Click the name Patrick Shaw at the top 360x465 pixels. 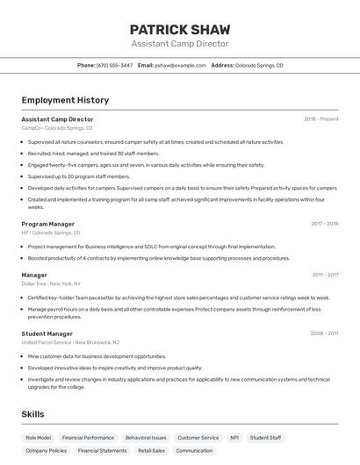(180, 29)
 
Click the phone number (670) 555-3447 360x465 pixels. (114, 65)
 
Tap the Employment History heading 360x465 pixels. (65, 100)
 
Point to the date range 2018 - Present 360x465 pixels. (321, 119)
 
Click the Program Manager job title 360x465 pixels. (48, 224)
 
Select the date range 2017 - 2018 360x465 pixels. (325, 224)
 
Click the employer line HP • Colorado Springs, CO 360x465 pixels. (51, 232)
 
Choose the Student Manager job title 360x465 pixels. (47, 333)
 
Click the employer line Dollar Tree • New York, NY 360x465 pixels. (51, 283)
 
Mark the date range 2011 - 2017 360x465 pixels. (325, 275)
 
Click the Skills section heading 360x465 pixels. (32, 414)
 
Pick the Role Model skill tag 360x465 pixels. (39, 437)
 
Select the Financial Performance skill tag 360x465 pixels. (88, 437)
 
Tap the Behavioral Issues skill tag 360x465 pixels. (146, 437)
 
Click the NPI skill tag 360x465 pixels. (234, 437)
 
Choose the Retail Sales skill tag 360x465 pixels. (151, 451)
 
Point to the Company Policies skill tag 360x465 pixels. (46, 451)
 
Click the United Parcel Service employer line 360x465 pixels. (70, 342)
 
